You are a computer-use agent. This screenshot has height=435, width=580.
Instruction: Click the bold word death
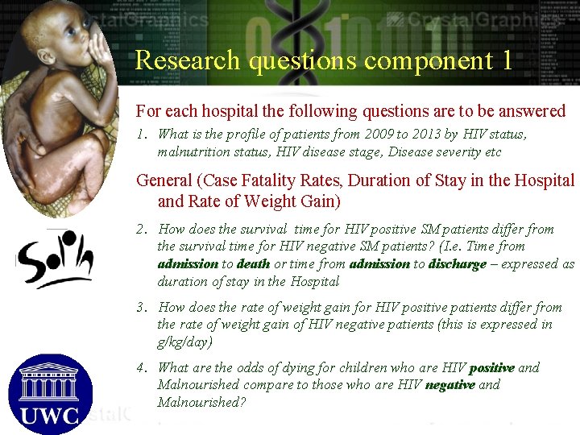(x=254, y=264)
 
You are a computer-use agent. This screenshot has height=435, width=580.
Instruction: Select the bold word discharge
(x=458, y=264)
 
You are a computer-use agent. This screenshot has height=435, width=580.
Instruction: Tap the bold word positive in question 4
(x=491, y=368)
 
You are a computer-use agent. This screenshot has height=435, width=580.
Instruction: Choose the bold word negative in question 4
(x=450, y=385)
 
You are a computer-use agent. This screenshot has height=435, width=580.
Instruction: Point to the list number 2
(x=141, y=230)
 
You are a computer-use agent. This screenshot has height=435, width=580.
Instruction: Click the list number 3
(x=141, y=308)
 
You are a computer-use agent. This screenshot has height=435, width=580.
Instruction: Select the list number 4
(x=141, y=368)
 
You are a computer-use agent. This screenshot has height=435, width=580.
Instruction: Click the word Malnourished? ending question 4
(x=201, y=402)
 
